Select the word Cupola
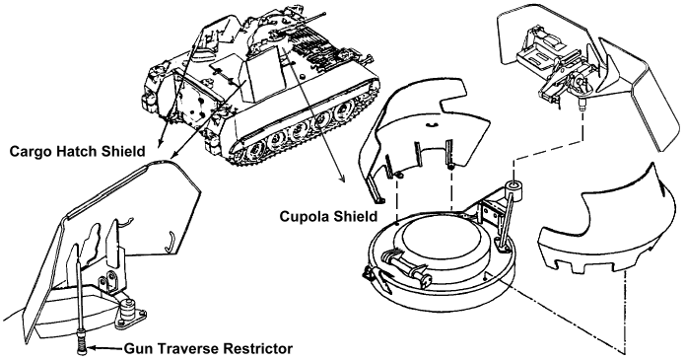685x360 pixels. (302, 216)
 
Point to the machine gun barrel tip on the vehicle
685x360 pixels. (325, 15)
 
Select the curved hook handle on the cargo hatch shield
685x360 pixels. (170, 242)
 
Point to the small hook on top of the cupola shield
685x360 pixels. (431, 125)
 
